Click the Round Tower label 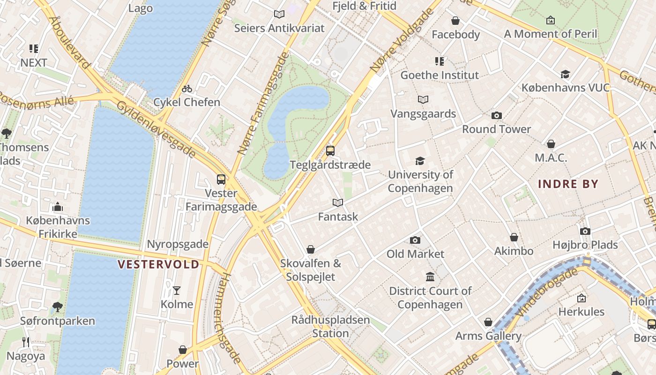click(496, 129)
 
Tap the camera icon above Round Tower click(496, 115)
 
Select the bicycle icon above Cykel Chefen click(186, 89)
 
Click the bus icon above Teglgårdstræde click(330, 151)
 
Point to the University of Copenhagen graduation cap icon click(420, 161)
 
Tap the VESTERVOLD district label click(158, 264)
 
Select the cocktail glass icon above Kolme click(177, 291)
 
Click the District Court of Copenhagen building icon click(430, 277)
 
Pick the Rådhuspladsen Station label click(330, 327)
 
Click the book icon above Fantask click(337, 203)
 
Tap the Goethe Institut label click(440, 75)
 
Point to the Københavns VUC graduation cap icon click(565, 74)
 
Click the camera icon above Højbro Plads click(585, 231)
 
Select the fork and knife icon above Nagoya click(26, 343)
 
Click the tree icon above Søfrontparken click(57, 307)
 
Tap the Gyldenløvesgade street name click(156, 129)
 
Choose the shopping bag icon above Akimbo click(514, 238)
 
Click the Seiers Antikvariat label click(279, 28)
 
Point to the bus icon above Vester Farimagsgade click(221, 180)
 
